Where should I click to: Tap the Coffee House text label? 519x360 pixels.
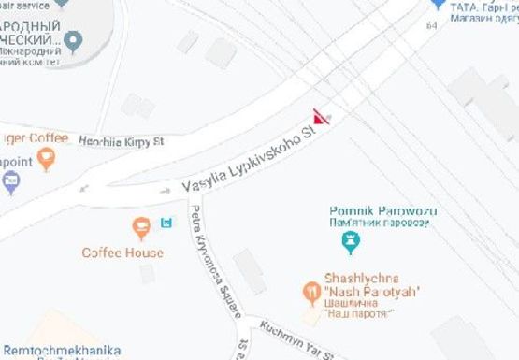(123, 252)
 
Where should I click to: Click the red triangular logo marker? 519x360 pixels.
(321, 118)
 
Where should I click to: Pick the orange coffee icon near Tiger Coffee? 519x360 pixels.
(47, 159)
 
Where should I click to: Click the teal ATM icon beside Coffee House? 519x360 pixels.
(167, 223)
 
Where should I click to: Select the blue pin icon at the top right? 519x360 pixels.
(436, 5)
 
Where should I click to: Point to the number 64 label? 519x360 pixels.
(431, 25)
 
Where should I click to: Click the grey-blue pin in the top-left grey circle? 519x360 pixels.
(73, 40)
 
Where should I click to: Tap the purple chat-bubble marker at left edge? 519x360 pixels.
(10, 182)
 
